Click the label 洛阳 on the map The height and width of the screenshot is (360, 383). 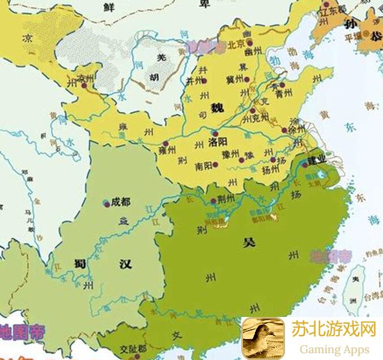tap(218, 142)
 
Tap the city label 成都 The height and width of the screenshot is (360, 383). tap(120, 202)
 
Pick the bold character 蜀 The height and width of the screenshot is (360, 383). tap(79, 264)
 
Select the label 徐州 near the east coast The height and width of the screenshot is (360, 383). tap(296, 130)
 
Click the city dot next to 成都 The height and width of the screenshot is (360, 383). tap(107, 202)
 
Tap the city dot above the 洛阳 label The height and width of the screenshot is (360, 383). tap(214, 133)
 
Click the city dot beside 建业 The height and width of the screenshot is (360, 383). tap(304, 165)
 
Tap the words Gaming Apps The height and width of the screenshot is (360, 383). tap(334, 349)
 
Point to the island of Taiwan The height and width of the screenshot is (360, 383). tap(355, 289)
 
